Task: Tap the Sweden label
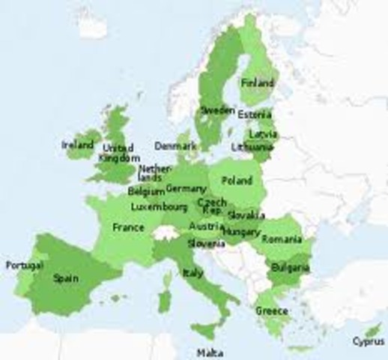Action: click(x=218, y=110)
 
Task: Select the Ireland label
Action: click(x=76, y=144)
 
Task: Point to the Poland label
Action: click(x=237, y=181)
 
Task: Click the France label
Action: click(x=128, y=226)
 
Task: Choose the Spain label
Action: click(x=66, y=277)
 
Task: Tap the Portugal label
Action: click(x=24, y=265)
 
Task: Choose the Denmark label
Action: click(x=175, y=145)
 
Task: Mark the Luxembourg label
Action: click(x=159, y=206)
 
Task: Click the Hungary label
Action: click(x=241, y=233)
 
